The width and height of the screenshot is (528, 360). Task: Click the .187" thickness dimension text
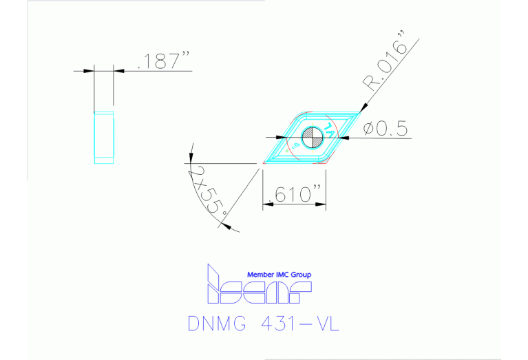pos(164,61)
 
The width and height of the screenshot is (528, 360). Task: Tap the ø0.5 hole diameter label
pos(386,129)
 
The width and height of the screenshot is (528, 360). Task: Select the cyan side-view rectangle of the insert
pos(103,138)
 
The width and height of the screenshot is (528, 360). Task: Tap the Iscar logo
pos(259,288)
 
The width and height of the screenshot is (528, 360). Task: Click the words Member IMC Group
pos(279,275)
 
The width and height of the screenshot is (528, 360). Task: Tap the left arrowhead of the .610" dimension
pos(267,202)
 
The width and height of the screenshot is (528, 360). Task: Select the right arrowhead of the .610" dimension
pos(322,202)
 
